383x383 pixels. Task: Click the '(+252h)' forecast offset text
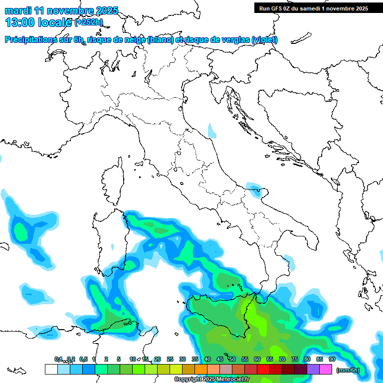pyautogui.click(x=89, y=22)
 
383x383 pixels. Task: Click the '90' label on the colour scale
pyautogui.click(x=332, y=359)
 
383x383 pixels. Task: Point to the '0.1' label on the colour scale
pyautogui.click(x=58, y=359)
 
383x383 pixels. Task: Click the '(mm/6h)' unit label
pyautogui.click(x=348, y=370)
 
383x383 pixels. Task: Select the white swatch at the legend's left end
pyautogui.click(x=51, y=370)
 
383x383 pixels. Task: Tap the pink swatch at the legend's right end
pyautogui.click(x=326, y=370)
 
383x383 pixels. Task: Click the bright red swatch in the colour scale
pyautogui.click(x=263, y=370)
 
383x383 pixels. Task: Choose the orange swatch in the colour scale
pyautogui.click(x=200, y=370)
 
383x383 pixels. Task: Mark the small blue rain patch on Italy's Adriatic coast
pyautogui.click(x=212, y=131)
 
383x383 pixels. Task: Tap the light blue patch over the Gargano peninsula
pyautogui.click(x=255, y=189)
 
